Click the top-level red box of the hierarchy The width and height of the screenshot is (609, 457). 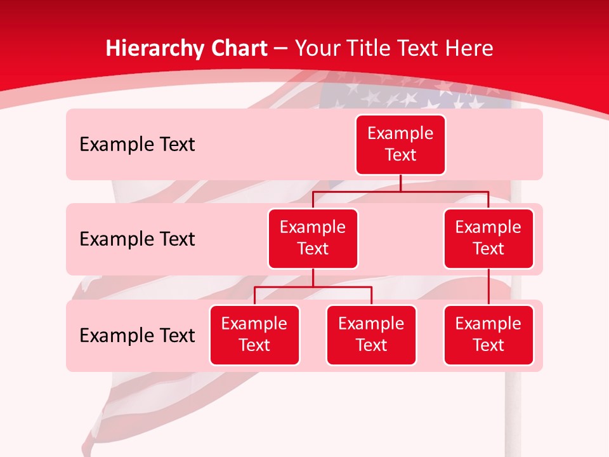400,145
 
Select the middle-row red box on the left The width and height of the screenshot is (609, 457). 313,239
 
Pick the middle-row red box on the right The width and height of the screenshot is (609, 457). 488,239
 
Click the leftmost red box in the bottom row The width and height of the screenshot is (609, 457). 254,335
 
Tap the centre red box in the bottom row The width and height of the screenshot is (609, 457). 371,335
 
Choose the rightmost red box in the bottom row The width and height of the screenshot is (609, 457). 488,335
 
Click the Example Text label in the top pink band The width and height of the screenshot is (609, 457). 137,145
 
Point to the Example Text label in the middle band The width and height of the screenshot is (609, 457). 137,239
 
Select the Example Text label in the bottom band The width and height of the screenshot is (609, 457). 137,335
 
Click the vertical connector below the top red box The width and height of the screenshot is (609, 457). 400,183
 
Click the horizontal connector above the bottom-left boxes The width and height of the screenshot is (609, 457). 313,287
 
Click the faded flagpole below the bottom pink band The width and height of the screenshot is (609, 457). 513,413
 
